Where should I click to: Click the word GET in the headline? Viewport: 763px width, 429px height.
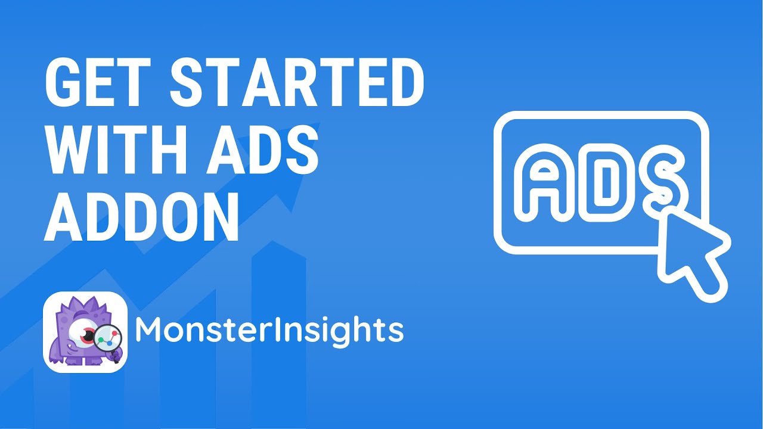[97, 82]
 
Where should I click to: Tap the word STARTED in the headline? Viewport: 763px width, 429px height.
[297, 82]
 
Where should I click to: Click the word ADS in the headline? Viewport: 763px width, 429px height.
[263, 150]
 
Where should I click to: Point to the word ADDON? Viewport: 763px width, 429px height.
[141, 216]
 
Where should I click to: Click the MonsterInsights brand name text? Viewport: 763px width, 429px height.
[269, 330]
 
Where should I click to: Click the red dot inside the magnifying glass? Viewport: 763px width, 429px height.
[114, 332]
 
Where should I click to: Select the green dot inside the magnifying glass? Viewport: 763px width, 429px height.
[101, 340]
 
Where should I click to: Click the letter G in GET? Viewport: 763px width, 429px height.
[61, 82]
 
